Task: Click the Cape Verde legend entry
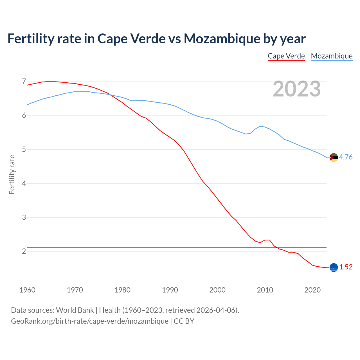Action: [286, 56]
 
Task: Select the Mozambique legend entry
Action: [332, 56]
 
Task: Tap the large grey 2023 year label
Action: [296, 89]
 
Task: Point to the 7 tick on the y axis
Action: [24, 82]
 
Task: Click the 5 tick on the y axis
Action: [24, 149]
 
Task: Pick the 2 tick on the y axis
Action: [24, 251]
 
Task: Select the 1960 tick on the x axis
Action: [27, 290]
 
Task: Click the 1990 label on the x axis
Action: [170, 290]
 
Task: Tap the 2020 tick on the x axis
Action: [312, 290]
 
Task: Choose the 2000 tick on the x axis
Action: [217, 290]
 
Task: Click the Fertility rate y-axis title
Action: [12, 174]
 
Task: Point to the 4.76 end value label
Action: [346, 157]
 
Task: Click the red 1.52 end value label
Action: [346, 267]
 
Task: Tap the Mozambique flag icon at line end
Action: [334, 157]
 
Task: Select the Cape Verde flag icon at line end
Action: [334, 267]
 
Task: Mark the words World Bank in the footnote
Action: [75, 310]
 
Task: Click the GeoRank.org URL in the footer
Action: [89, 321]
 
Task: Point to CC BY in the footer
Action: [184, 321]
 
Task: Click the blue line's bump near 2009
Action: [260, 126]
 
